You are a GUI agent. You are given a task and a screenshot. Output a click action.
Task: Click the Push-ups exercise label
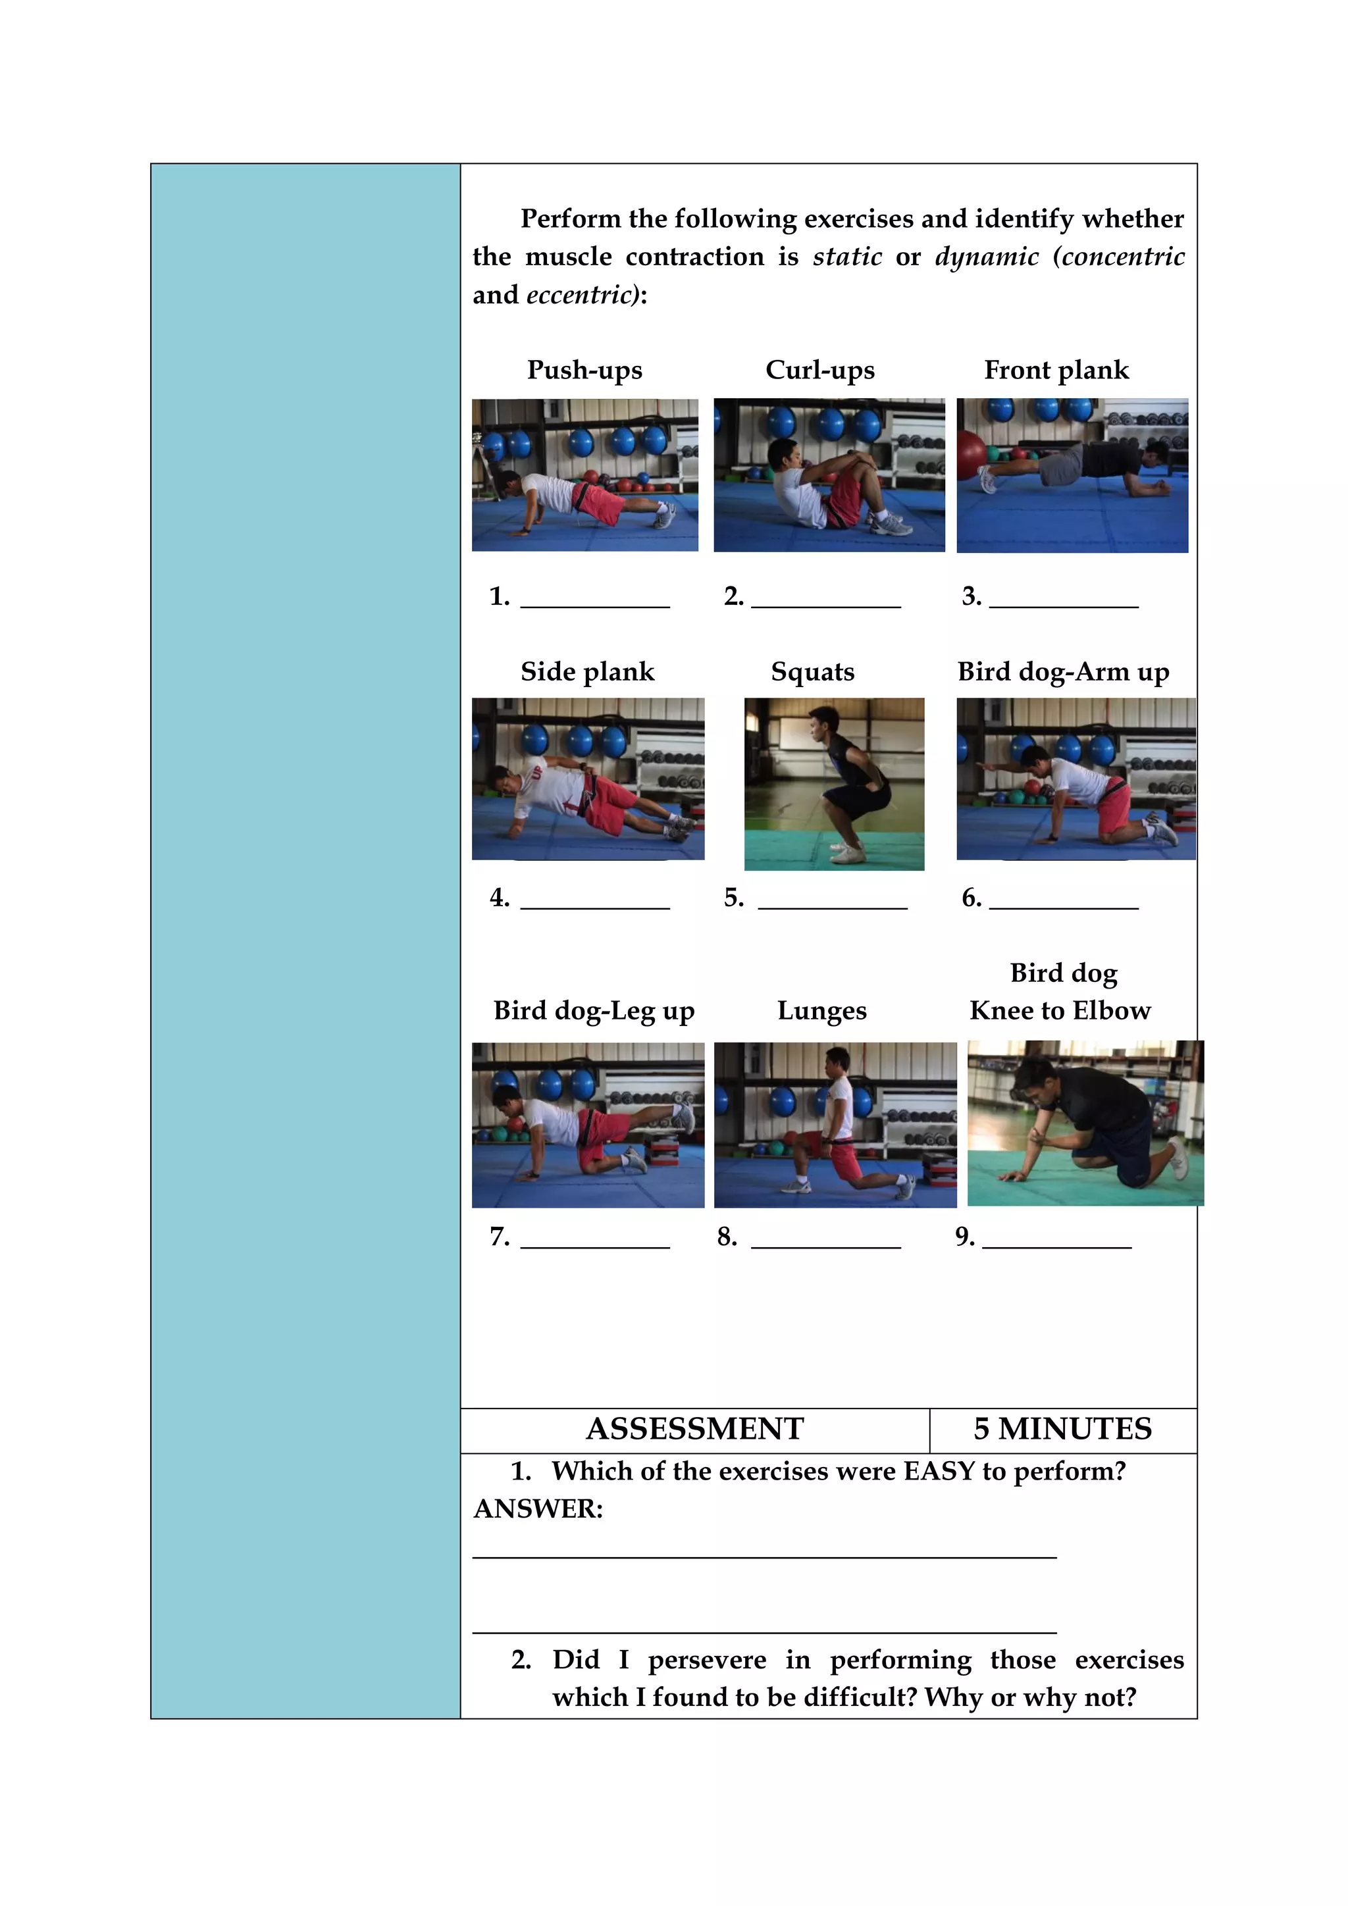click(x=584, y=371)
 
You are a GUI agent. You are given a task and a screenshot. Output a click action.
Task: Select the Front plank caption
click(x=1056, y=371)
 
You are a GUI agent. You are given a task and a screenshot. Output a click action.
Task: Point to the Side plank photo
click(x=588, y=779)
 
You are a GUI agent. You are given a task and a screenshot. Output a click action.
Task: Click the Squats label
click(x=812, y=671)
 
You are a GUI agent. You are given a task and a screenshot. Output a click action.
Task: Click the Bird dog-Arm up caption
click(x=1063, y=671)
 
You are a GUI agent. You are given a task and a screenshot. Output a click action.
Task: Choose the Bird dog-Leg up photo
click(x=588, y=1125)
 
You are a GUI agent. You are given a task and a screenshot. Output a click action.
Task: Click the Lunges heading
click(x=821, y=1011)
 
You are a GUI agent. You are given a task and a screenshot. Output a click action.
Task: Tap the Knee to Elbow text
click(x=1060, y=1011)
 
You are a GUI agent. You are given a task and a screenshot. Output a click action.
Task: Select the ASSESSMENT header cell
click(x=695, y=1429)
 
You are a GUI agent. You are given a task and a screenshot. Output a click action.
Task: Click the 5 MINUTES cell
click(x=1062, y=1429)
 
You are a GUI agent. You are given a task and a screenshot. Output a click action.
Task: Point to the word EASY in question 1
click(x=939, y=1472)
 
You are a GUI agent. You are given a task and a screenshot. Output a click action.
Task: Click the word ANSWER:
click(x=538, y=1509)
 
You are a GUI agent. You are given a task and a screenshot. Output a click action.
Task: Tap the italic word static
click(x=846, y=257)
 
